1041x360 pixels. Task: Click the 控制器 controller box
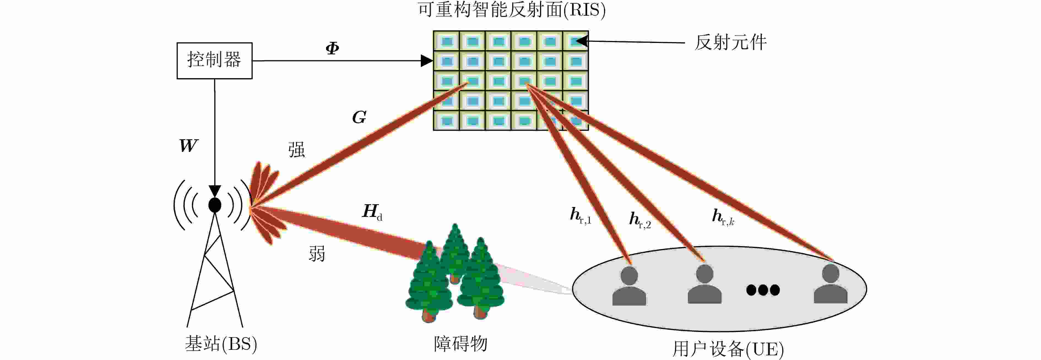pos(215,61)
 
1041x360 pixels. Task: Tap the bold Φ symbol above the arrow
pos(332,48)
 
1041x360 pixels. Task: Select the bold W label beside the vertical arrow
pos(188,145)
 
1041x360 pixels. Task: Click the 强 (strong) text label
pos(296,149)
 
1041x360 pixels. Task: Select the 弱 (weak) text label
pos(317,254)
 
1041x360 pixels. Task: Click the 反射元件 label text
pos(730,42)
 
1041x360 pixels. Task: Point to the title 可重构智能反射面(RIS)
pos(512,10)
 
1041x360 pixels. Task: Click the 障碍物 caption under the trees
pos(460,344)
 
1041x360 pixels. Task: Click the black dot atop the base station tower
pos(215,205)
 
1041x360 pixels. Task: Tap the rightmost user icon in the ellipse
pos(830,284)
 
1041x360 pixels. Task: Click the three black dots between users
pos(763,290)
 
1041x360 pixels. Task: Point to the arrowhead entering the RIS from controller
pos(427,61)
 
